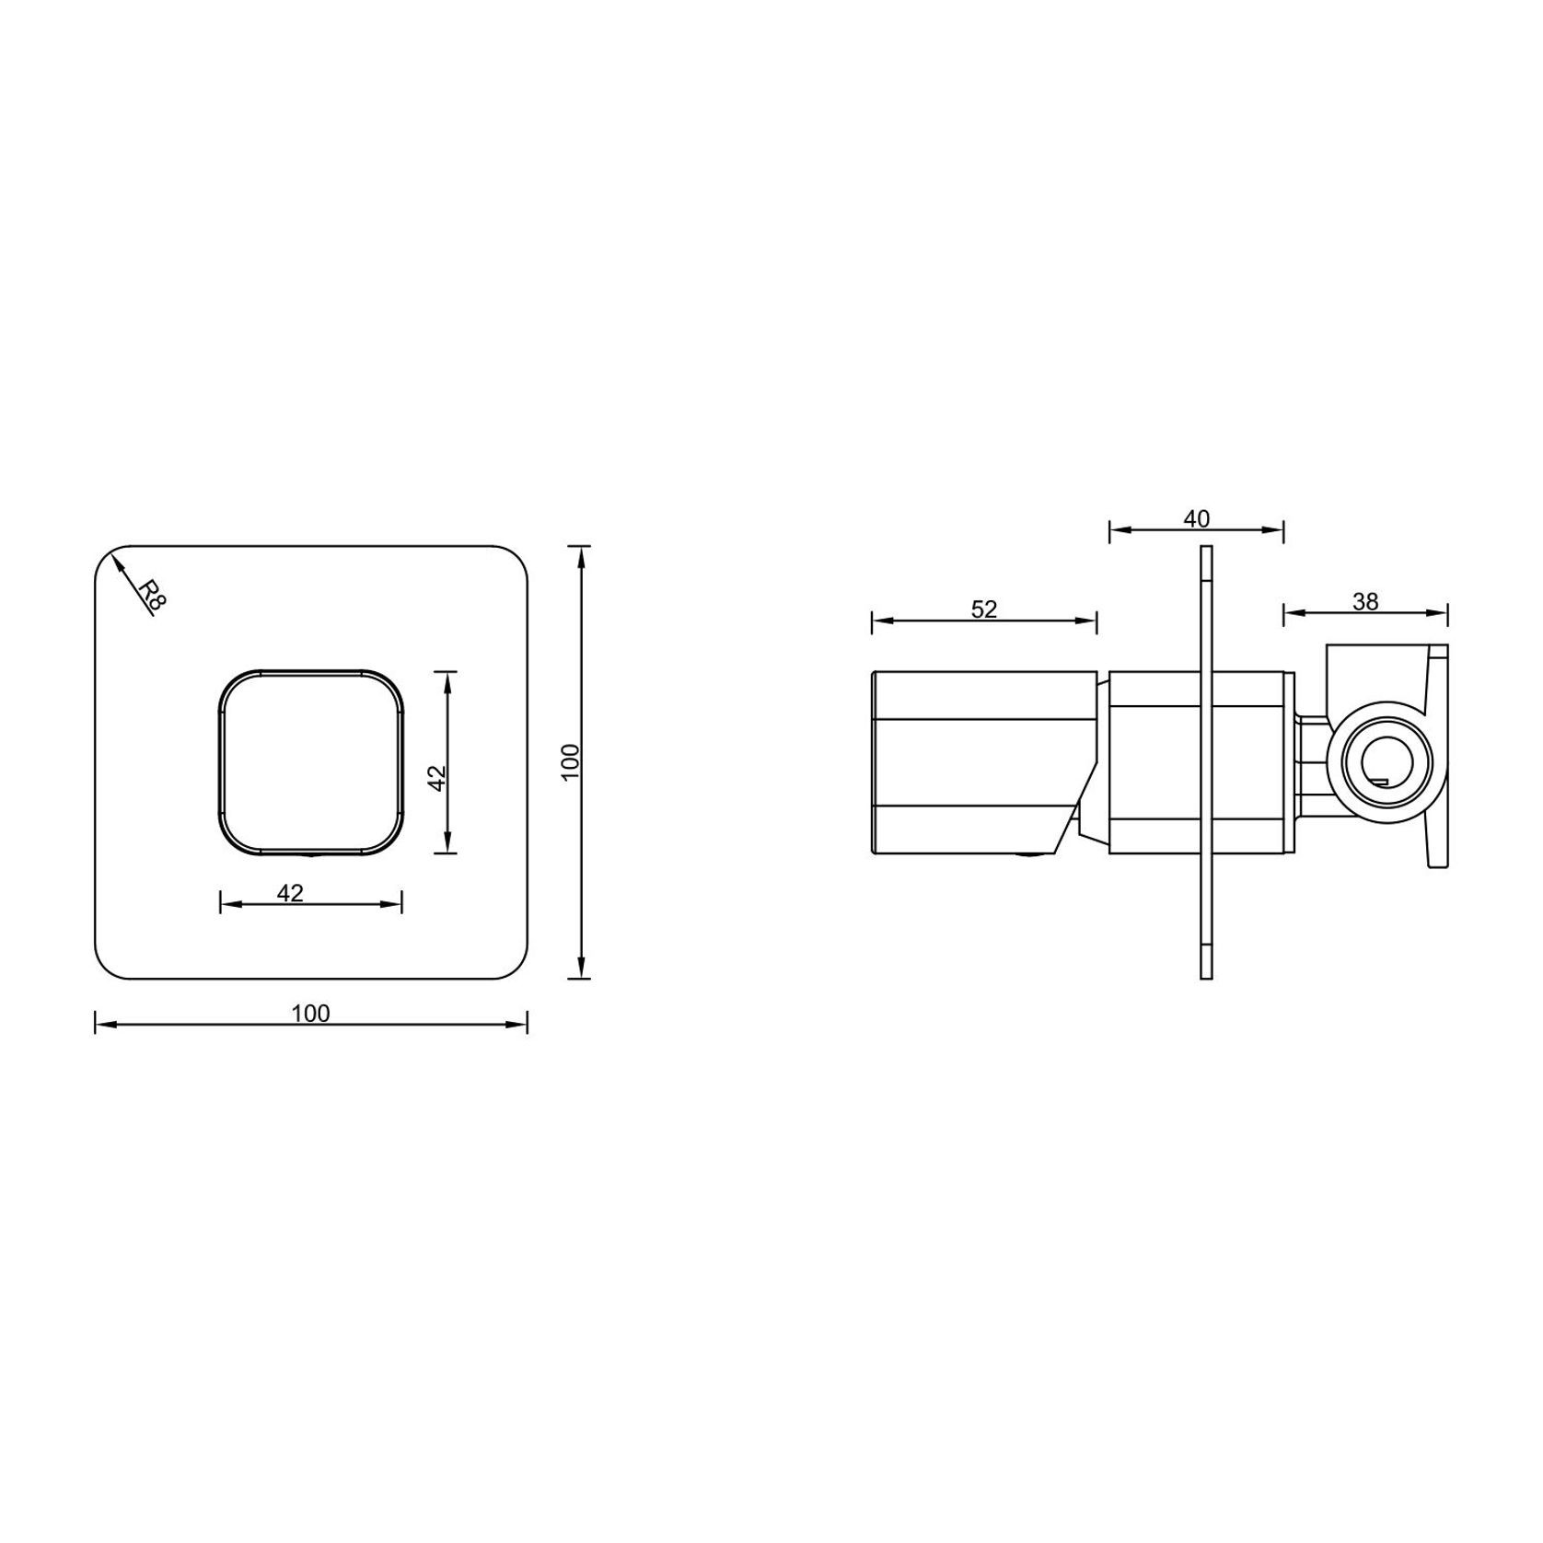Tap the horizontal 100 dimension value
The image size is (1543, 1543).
[x=310, y=1014]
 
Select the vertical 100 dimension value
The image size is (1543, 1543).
[x=571, y=762]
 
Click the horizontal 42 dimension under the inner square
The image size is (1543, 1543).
[x=290, y=893]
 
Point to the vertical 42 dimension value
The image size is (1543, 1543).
[x=438, y=777]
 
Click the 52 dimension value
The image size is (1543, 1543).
[x=984, y=609]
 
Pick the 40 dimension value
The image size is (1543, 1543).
[x=1196, y=519]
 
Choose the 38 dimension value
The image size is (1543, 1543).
[x=1365, y=601]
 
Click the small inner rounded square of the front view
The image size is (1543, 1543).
[x=311, y=762]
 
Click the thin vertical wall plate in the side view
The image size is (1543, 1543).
[x=1206, y=762]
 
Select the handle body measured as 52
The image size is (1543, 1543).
[x=976, y=762]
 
